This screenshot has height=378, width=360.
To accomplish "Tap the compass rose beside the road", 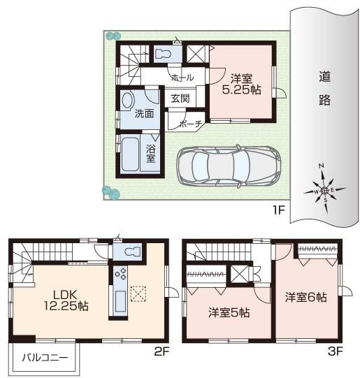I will click(x=322, y=188).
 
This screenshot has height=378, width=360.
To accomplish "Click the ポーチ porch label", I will click(x=190, y=124).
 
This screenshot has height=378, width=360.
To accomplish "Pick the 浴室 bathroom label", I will click(x=151, y=153).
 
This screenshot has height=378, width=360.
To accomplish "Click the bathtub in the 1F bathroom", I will click(x=131, y=154).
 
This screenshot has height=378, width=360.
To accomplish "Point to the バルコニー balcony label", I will click(x=44, y=358).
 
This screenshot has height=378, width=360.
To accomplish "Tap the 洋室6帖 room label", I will click(x=305, y=297).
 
